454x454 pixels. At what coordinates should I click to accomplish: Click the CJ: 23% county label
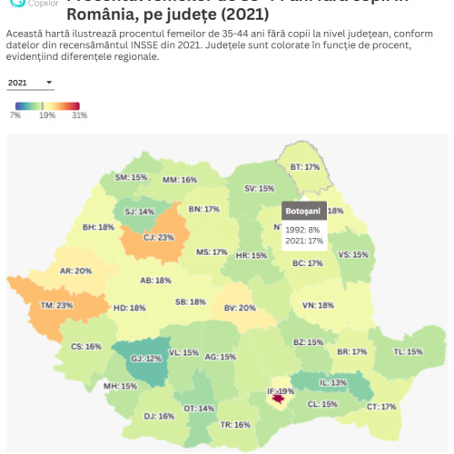click(159, 237)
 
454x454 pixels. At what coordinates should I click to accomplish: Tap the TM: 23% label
click(57, 305)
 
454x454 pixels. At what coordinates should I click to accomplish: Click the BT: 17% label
click(304, 167)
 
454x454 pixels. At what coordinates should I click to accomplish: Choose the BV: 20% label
click(241, 308)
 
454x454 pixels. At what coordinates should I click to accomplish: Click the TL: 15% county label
click(408, 351)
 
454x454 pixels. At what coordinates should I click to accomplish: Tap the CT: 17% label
click(381, 407)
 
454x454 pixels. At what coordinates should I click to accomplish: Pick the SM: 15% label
click(132, 177)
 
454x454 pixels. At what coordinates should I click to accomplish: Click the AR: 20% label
click(76, 271)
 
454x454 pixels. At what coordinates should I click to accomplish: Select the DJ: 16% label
click(159, 416)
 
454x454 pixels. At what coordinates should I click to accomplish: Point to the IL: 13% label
click(332, 382)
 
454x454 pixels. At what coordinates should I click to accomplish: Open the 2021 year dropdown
click(30, 83)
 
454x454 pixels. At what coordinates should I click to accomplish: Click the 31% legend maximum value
click(79, 115)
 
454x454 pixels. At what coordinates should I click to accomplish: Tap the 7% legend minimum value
click(15, 115)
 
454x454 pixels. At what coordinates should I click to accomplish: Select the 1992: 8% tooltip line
click(302, 229)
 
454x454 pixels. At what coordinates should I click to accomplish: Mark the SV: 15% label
click(259, 188)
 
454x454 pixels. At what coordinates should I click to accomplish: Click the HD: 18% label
click(129, 308)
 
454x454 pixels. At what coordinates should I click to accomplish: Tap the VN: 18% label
click(319, 305)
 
